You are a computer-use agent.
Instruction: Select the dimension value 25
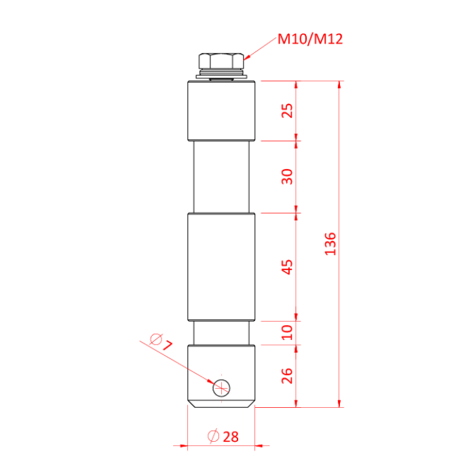point(287,111)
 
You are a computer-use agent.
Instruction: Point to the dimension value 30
point(287,176)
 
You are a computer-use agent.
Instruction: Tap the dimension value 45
point(287,267)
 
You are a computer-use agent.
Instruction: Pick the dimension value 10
point(287,332)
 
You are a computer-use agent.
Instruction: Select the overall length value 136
point(330,244)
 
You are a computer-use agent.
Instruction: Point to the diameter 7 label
point(160,341)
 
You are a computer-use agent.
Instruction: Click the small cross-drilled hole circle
point(221,387)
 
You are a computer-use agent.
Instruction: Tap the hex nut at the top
point(221,61)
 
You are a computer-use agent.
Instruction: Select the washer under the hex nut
point(221,75)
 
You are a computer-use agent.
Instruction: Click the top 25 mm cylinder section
point(221,111)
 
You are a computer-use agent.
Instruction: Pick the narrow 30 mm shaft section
point(221,176)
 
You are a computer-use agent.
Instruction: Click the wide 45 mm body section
point(221,267)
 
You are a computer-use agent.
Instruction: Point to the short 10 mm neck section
point(221,332)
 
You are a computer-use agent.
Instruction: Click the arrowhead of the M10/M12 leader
point(246,59)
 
